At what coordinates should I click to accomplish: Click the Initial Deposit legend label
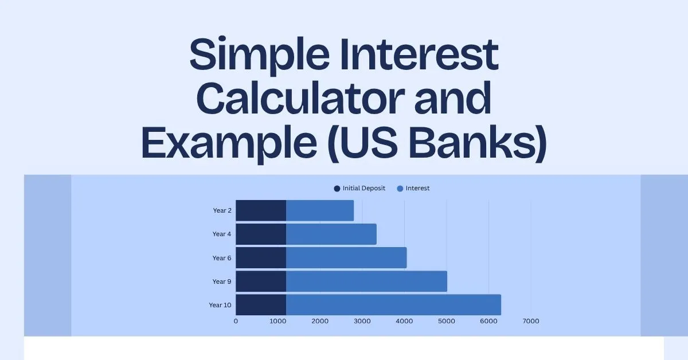(x=363, y=188)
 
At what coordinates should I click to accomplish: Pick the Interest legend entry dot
(x=400, y=189)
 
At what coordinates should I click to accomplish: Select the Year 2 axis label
(x=222, y=210)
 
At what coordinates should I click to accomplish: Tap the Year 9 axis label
(x=222, y=281)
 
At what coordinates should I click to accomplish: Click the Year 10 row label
(x=220, y=305)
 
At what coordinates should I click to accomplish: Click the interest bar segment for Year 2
(x=320, y=210)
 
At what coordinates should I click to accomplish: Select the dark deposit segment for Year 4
(x=261, y=234)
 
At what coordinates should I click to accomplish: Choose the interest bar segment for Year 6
(x=346, y=257)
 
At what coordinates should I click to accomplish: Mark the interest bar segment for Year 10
(x=393, y=304)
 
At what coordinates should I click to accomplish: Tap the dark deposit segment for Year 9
(x=261, y=281)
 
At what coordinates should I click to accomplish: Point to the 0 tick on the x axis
(x=236, y=321)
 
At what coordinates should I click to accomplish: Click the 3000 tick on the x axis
(x=362, y=321)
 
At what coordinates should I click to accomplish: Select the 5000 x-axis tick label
(x=447, y=321)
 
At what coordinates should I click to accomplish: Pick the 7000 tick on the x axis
(x=531, y=321)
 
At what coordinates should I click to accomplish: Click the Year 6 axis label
(x=222, y=258)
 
